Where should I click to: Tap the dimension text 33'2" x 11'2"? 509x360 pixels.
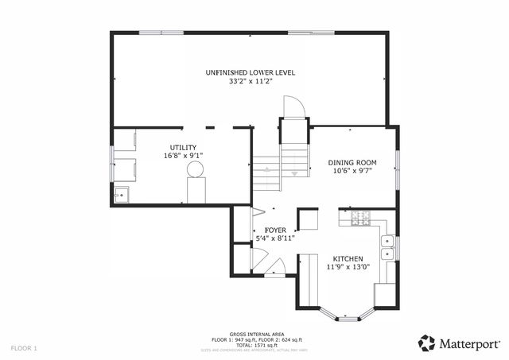pyautogui.click(x=250, y=81)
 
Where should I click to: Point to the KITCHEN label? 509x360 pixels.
pyautogui.click(x=348, y=259)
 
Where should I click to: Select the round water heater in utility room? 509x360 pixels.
pyautogui.click(x=196, y=168)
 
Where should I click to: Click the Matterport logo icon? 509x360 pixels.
pyautogui.click(x=426, y=343)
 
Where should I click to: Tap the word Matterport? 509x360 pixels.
pyautogui.click(x=469, y=343)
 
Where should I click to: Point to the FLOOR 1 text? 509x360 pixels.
pyautogui.click(x=24, y=348)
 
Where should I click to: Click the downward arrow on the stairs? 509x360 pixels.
pyautogui.click(x=295, y=172)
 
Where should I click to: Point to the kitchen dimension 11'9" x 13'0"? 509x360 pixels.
pyautogui.click(x=348, y=267)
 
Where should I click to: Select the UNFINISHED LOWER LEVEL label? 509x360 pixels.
pyautogui.click(x=250, y=72)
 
